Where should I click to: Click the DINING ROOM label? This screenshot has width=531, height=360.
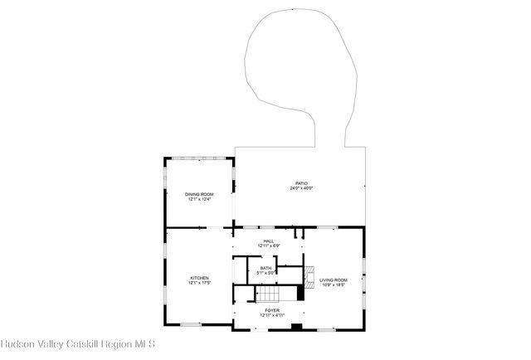point(199,194)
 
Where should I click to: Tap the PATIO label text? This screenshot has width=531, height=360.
point(300,183)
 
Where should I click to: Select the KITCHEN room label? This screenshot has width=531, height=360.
point(199,278)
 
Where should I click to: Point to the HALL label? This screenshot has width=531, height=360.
point(268,241)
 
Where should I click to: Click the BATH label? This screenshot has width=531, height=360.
point(265,268)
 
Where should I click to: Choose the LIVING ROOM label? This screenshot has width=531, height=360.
point(334,280)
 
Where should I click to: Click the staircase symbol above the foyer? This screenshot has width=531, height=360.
point(270,294)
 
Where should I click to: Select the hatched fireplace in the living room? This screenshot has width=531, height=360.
point(308,275)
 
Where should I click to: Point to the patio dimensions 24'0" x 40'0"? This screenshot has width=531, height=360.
point(300,188)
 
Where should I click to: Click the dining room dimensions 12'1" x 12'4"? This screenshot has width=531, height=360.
point(199,199)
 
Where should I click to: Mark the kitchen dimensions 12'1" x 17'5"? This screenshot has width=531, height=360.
point(199,283)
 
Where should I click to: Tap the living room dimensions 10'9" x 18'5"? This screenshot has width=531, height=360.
point(334,285)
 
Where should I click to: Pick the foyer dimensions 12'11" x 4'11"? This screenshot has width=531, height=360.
point(272,315)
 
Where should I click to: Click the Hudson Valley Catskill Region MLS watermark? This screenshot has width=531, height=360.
point(78,343)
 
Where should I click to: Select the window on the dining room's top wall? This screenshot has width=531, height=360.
point(199,157)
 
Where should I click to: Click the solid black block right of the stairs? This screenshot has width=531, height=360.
point(300,293)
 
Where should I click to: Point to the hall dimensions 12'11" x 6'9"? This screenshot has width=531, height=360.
point(268,246)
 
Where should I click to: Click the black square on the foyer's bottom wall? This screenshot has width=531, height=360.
point(296,327)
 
